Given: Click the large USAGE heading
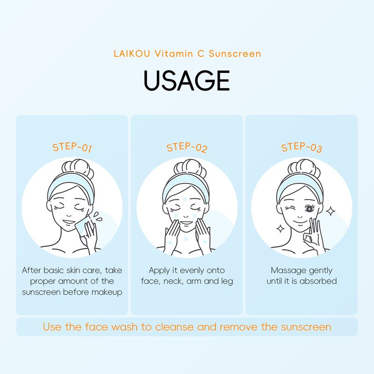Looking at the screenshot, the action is pyautogui.click(x=187, y=80).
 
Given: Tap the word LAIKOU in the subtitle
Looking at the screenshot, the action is pyautogui.click(x=132, y=54).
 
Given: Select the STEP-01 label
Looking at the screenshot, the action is pyautogui.click(x=72, y=147).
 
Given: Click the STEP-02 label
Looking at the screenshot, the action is pyautogui.click(x=187, y=147).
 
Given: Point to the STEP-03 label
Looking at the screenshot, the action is pyautogui.click(x=302, y=147).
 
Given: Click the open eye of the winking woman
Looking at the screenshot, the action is pyautogui.click(x=309, y=209).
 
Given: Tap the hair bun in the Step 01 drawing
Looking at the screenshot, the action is pyautogui.click(x=78, y=168).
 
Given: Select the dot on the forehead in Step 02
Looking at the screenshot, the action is pyautogui.click(x=185, y=200).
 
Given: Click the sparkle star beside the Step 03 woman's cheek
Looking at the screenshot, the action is pyautogui.click(x=331, y=211).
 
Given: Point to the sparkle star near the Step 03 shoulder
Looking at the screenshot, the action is pyautogui.click(x=280, y=229).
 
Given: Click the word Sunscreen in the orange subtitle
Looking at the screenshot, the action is pyautogui.click(x=235, y=54).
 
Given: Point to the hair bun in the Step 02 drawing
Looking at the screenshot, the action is pyautogui.click(x=190, y=168).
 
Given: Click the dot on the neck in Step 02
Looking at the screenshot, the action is pyautogui.click(x=186, y=239).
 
